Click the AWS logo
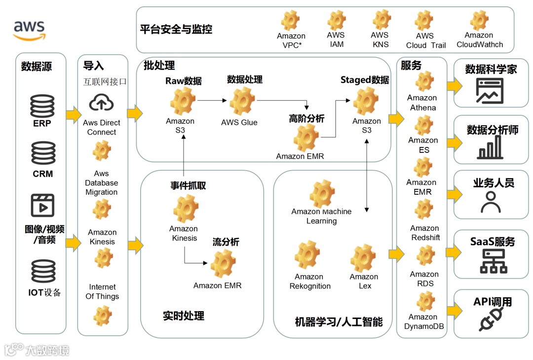tap(29, 29)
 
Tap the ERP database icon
tap(42, 106)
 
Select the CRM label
tap(43, 174)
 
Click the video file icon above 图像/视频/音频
tap(42, 206)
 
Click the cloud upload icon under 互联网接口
tap(101, 103)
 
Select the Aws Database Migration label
tap(102, 183)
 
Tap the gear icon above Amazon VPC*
tap(291, 21)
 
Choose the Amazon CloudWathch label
tap(479, 40)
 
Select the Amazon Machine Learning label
tap(321, 216)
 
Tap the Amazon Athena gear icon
tap(424, 82)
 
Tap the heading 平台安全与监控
tap(176, 29)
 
